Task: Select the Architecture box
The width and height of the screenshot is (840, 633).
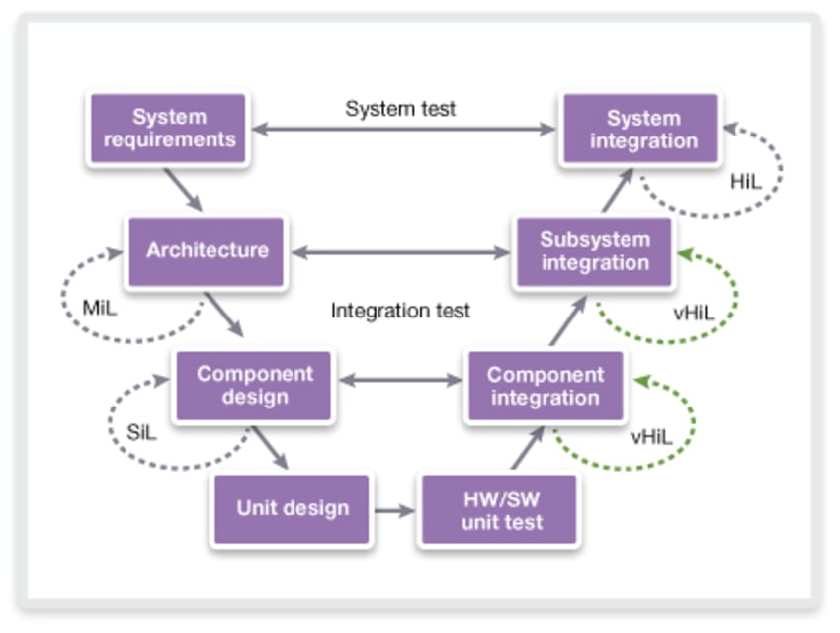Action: (x=207, y=251)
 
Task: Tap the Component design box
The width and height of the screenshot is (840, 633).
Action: (x=254, y=386)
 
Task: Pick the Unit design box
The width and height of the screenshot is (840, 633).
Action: (x=293, y=509)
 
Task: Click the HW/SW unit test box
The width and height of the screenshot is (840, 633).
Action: (x=500, y=509)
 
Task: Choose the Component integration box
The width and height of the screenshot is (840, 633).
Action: (x=545, y=386)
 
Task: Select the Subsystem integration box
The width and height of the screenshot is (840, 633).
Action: (x=594, y=251)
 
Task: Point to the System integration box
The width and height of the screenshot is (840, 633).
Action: (x=641, y=129)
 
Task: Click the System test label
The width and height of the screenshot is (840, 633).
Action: (x=400, y=109)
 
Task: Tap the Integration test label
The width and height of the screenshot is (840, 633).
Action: (x=400, y=311)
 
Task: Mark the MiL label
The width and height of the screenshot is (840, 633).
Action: (x=100, y=308)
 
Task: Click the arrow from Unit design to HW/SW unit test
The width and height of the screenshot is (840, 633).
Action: (x=395, y=510)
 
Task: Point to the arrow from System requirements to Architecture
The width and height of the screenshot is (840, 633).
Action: (x=183, y=189)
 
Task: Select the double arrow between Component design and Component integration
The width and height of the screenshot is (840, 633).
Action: (x=400, y=380)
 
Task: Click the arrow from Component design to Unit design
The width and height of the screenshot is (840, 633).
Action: (x=269, y=448)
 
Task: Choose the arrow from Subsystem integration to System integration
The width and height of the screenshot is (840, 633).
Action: (x=618, y=189)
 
